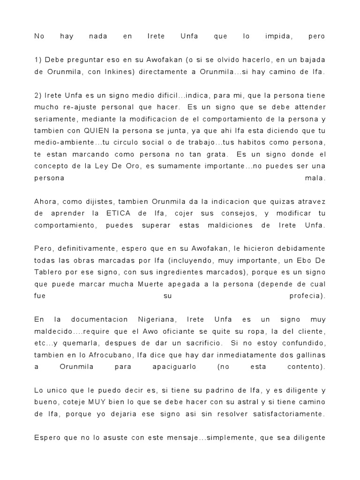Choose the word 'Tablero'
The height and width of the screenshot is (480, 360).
point(49,272)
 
